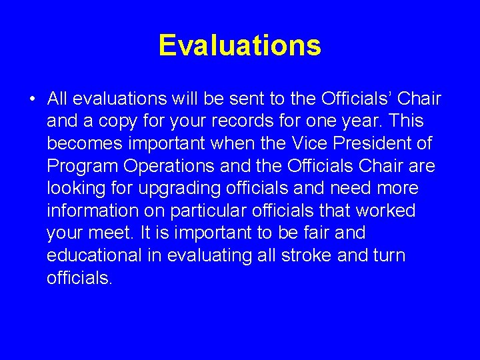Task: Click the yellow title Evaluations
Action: pos(240,46)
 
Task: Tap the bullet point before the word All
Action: pos(32,100)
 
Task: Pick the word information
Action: pos(89,211)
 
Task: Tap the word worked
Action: pos(385,211)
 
